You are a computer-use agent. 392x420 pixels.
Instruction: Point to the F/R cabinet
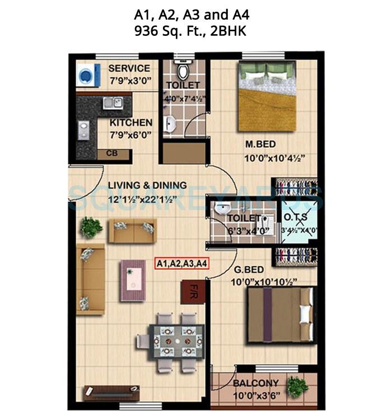pyautogui.click(x=189, y=292)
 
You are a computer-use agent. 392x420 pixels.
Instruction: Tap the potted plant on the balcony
pyautogui.click(x=297, y=385)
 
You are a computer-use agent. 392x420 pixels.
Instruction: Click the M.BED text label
pyautogui.click(x=260, y=144)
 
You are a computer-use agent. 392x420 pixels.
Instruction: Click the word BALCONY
pyautogui.click(x=256, y=384)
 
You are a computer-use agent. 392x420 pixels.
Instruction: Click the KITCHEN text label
pyautogui.click(x=130, y=123)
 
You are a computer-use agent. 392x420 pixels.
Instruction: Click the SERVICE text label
pyautogui.click(x=129, y=68)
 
